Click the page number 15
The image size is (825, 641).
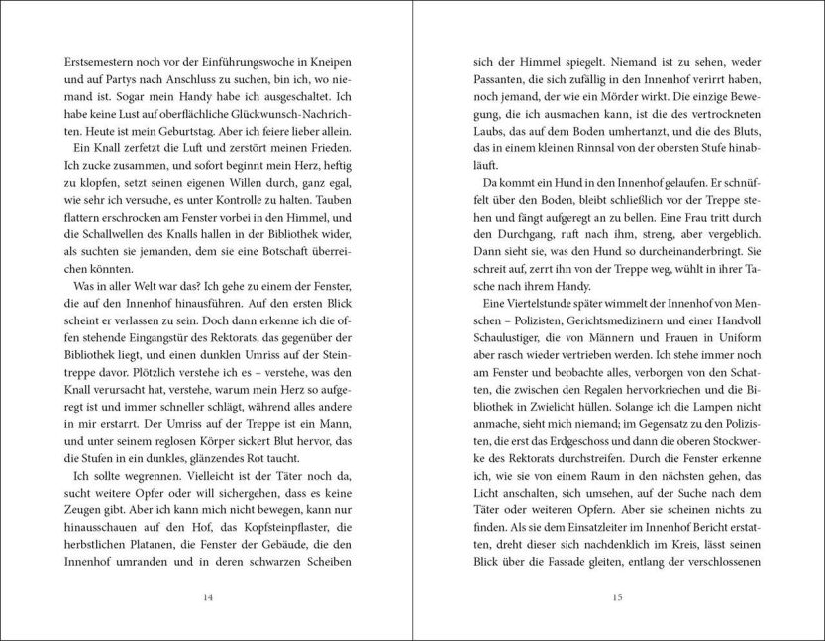click(x=616, y=596)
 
